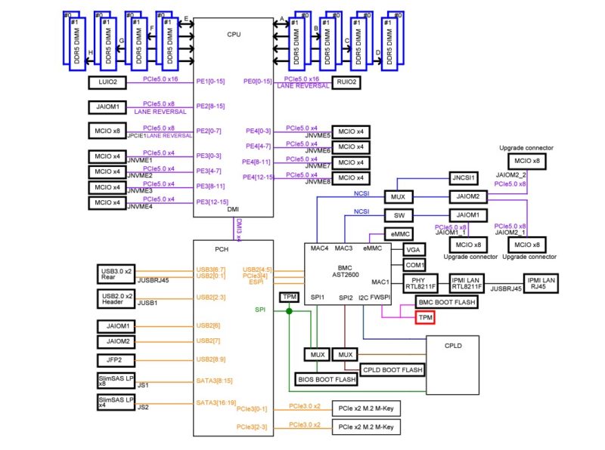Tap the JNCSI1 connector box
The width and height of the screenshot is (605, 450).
[x=464, y=178]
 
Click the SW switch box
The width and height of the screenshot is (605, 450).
[x=398, y=215]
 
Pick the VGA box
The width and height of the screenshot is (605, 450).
[x=414, y=249]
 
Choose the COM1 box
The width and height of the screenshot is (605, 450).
[x=414, y=265]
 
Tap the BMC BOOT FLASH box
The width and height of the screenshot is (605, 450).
[x=446, y=302]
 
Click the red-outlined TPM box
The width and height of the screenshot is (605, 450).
[x=425, y=318]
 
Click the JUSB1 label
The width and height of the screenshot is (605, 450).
[x=147, y=303]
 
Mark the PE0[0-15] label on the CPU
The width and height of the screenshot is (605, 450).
[x=257, y=82]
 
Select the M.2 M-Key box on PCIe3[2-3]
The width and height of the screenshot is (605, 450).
[x=366, y=427]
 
